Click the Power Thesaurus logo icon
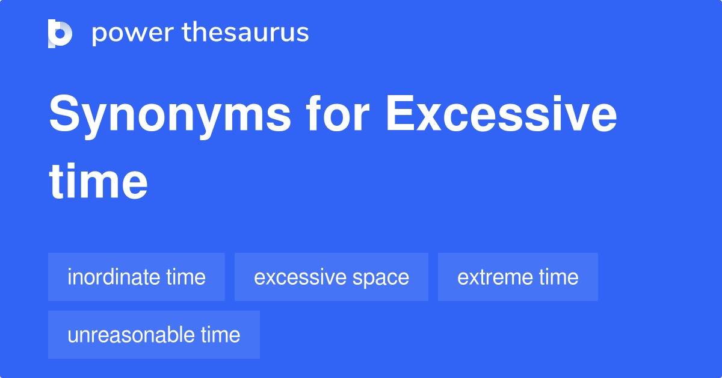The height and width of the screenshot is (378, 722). pyautogui.click(x=60, y=33)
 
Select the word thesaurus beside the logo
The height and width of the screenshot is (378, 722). pyautogui.click(x=245, y=33)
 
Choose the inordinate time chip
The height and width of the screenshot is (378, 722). pyautogui.click(x=137, y=277)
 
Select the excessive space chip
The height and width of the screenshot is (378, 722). pyautogui.click(x=332, y=277)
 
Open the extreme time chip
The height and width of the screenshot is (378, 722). pyautogui.click(x=518, y=277)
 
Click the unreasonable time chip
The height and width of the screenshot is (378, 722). pyautogui.click(x=154, y=335)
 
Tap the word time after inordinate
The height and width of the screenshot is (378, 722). pyautogui.click(x=187, y=277)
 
